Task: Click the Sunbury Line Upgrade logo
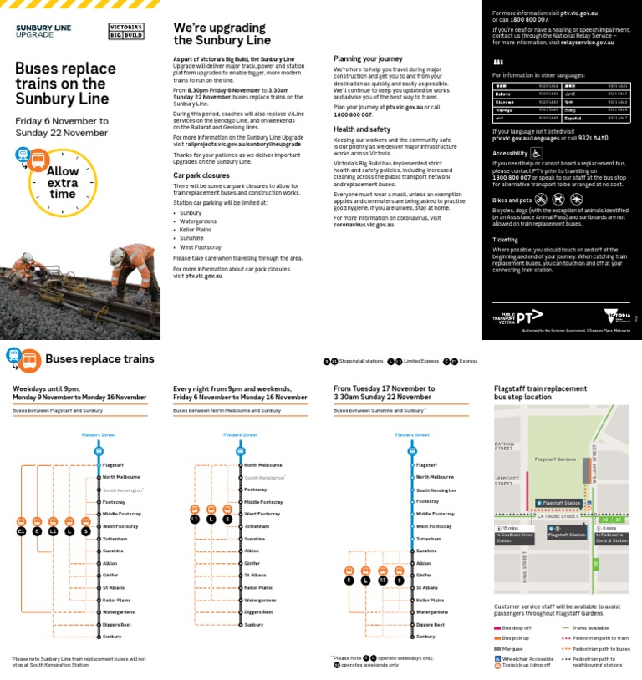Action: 43,32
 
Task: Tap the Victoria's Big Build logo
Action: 126,32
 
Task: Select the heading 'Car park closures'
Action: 201,175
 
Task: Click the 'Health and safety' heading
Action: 362,129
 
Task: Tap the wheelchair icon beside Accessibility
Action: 536,153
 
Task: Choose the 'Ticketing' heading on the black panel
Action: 505,240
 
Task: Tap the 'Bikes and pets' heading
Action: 512,200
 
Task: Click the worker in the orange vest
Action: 132,267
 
